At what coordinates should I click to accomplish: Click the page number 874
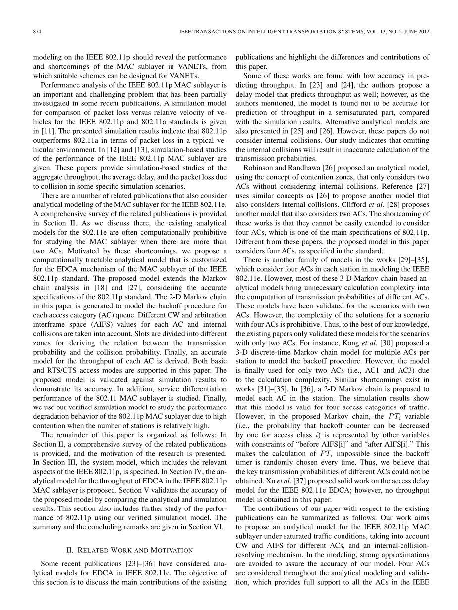click(x=37, y=31)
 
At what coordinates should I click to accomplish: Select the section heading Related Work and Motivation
click(x=129, y=550)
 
